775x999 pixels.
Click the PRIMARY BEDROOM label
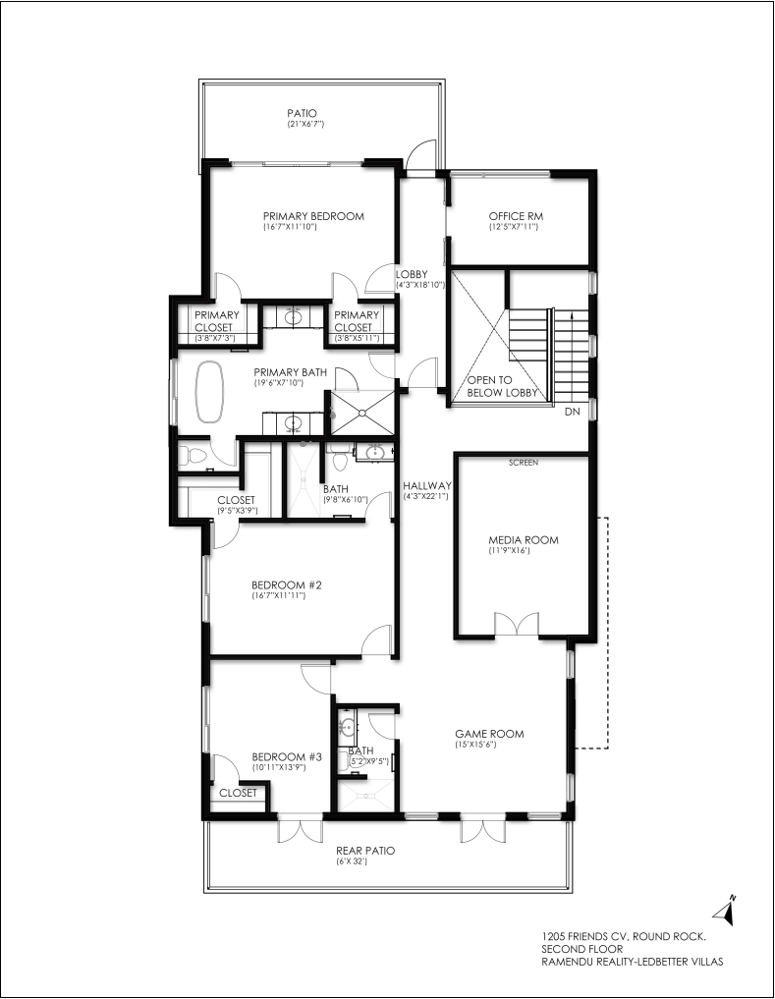tap(313, 216)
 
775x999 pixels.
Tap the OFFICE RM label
tap(516, 216)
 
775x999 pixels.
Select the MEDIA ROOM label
tap(524, 539)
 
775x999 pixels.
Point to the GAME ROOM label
tap(489, 734)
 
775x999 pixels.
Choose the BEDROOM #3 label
tap(287, 757)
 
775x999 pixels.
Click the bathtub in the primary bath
tap(209, 392)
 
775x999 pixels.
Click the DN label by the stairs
tap(573, 412)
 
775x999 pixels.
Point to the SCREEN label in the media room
tap(524, 463)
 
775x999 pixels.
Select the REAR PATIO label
tap(365, 851)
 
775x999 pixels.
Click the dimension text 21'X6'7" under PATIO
tap(305, 124)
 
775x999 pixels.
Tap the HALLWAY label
tap(427, 485)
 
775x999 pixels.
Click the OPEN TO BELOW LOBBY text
tap(502, 386)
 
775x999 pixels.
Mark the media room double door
tap(517, 625)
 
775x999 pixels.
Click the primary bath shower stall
tap(361, 413)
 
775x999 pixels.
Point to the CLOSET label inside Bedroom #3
tap(238, 793)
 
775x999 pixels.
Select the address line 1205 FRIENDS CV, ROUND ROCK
tap(624, 936)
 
